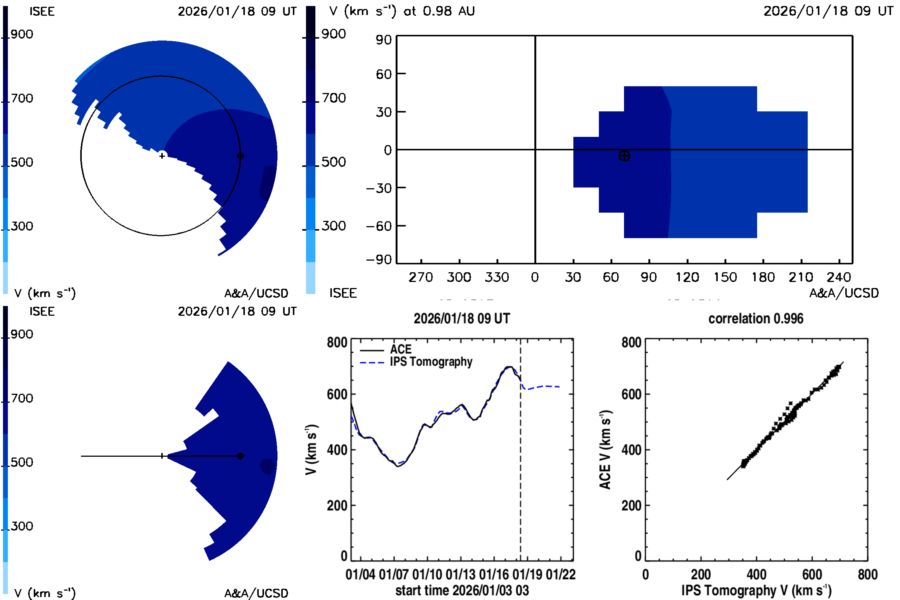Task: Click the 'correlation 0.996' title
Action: (755, 318)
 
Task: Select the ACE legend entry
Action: (400, 349)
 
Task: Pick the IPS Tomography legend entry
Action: (431, 361)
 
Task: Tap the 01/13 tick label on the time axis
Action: (460, 574)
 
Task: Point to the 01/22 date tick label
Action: (561, 574)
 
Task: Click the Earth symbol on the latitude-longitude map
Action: (624, 156)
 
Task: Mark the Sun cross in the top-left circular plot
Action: (162, 156)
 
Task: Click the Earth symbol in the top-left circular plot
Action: (240, 156)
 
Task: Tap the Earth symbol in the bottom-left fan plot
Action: (240, 456)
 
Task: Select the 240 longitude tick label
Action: (839, 277)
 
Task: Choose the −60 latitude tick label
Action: (379, 226)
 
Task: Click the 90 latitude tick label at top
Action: (383, 40)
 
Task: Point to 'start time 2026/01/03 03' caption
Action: (462, 590)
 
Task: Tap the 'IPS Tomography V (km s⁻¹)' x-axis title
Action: (756, 590)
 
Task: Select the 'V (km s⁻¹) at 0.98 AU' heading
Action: (402, 11)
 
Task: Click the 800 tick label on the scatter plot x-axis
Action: (867, 574)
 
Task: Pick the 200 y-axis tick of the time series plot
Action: (337, 505)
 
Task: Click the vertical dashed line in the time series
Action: (520, 459)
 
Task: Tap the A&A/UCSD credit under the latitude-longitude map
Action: (844, 293)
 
